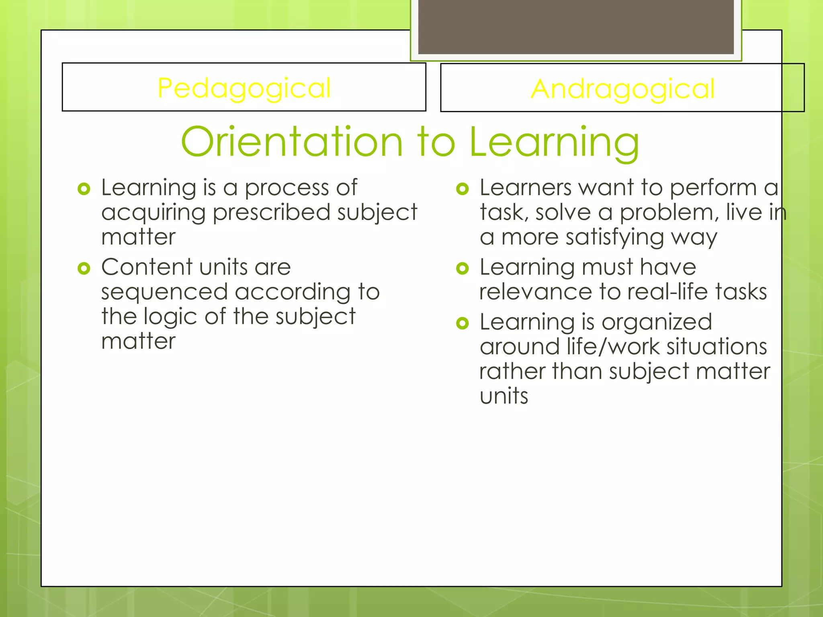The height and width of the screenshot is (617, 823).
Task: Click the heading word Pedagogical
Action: pyautogui.click(x=244, y=88)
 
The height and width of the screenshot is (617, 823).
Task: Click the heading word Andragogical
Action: pyautogui.click(x=622, y=89)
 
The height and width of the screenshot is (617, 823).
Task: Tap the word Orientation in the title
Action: pyautogui.click(x=292, y=142)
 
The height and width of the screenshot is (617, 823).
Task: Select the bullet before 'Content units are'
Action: pyautogui.click(x=84, y=268)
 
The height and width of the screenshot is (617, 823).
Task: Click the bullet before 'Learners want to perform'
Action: pyautogui.click(x=463, y=189)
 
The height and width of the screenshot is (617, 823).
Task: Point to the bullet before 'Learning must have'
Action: pyautogui.click(x=463, y=268)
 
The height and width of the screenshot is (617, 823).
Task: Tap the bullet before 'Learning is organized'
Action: pyautogui.click(x=463, y=323)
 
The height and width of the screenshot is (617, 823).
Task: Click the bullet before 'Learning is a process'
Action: pyautogui.click(x=84, y=189)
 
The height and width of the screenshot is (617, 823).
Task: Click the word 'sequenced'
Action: pyautogui.click(x=164, y=292)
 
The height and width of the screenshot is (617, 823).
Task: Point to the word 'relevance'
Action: pyautogui.click(x=536, y=292)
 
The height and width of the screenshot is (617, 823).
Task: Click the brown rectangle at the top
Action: pyautogui.click(x=576, y=27)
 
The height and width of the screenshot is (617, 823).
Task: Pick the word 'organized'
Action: pyautogui.click(x=657, y=323)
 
